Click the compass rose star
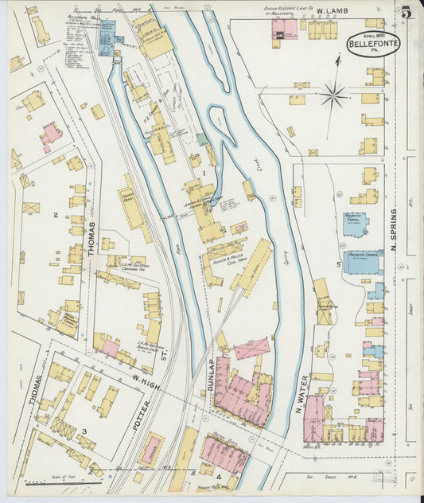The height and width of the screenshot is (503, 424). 334,95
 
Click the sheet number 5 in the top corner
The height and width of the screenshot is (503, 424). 406,13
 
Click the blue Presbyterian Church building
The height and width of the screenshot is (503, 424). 363,261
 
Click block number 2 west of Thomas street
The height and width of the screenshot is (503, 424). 55,216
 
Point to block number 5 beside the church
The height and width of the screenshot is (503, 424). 338,263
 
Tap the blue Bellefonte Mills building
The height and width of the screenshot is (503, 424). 107,33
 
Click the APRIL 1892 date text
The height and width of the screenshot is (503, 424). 373,36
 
